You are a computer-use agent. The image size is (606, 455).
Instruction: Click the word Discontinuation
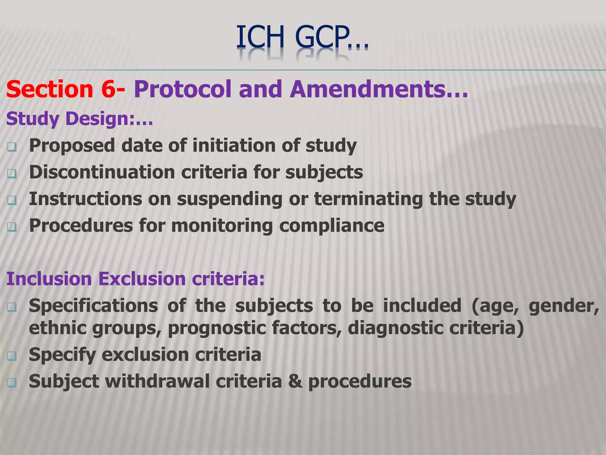point(102,172)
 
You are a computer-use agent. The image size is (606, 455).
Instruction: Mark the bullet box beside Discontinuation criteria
point(12,174)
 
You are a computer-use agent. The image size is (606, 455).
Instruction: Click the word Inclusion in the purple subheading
point(49,279)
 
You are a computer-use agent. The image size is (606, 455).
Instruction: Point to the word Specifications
point(93,306)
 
